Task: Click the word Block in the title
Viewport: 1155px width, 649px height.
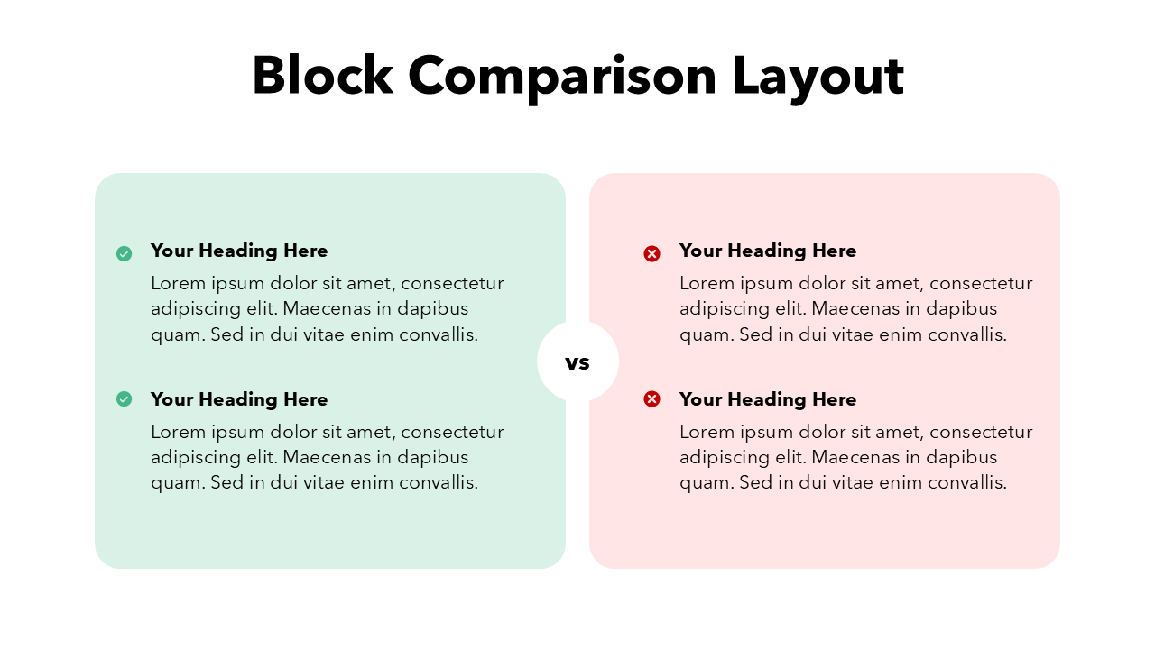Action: point(323,75)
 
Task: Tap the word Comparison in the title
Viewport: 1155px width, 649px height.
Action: point(562,78)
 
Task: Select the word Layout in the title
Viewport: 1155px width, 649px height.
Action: point(818,78)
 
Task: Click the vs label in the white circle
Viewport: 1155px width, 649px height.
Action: point(577,363)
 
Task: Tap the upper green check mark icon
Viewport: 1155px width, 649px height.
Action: point(124,253)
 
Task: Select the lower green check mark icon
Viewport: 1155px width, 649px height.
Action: point(124,398)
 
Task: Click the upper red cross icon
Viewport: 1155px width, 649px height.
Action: point(651,253)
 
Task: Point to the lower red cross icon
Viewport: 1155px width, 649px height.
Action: point(651,398)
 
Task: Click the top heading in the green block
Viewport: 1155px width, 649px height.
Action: point(239,251)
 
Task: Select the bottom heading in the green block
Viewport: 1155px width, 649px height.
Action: point(239,399)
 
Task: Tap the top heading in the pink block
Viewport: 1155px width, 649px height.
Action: point(768,251)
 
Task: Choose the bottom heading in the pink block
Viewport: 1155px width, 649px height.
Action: point(768,399)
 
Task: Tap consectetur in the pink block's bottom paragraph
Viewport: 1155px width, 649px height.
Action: point(981,432)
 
